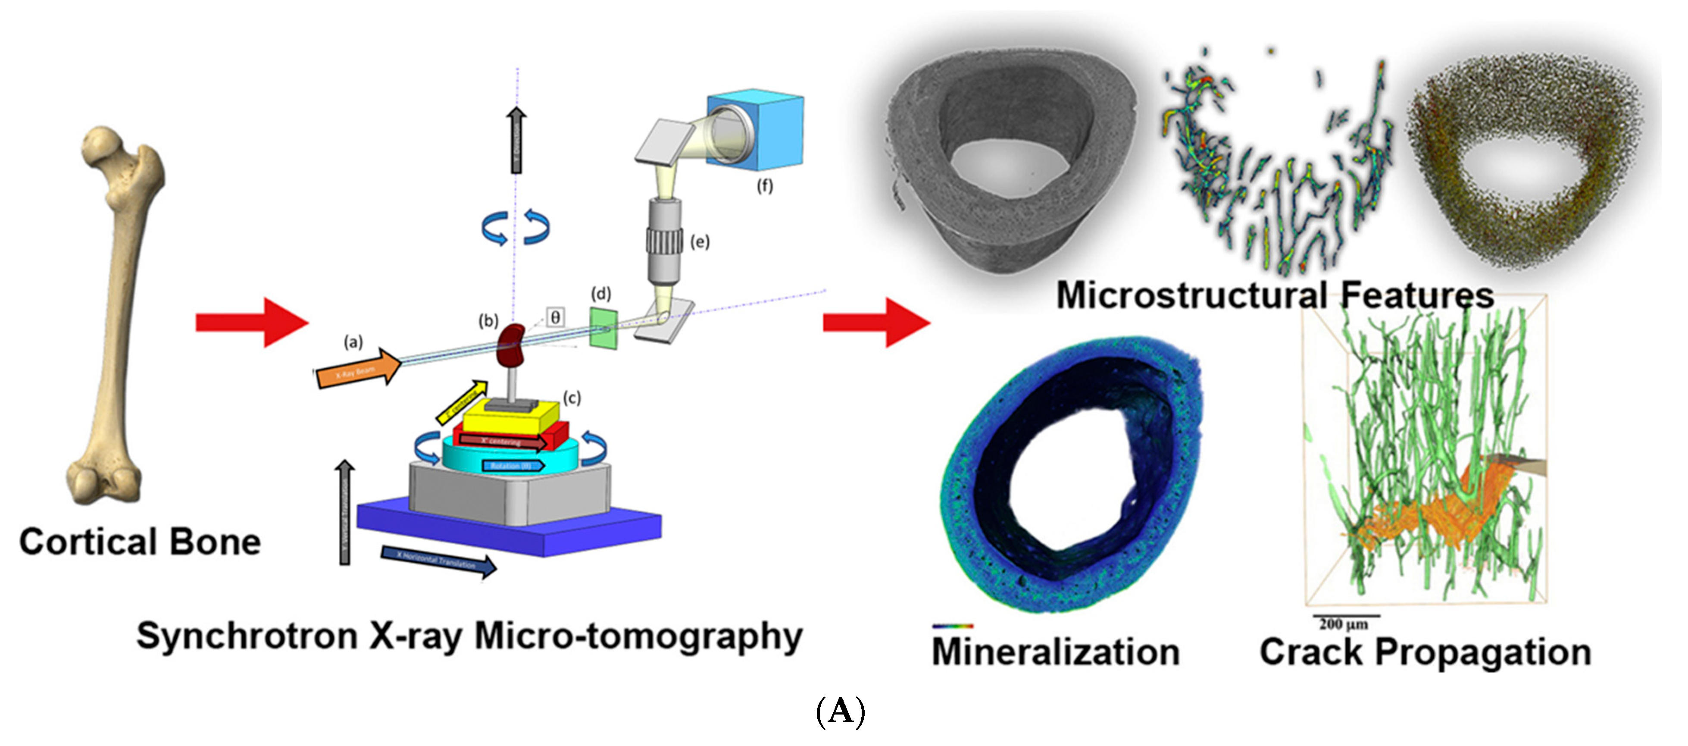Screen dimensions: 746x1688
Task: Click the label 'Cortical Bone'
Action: [x=140, y=542]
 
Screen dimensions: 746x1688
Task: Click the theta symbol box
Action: [x=554, y=318]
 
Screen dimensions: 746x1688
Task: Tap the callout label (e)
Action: [x=700, y=242]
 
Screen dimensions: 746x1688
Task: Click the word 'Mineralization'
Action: [x=1056, y=652]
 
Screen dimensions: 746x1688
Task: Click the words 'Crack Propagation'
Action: [x=1425, y=652]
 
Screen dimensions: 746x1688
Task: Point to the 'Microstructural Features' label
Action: [x=1275, y=295]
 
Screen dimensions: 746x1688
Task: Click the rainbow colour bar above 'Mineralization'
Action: [x=953, y=626]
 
